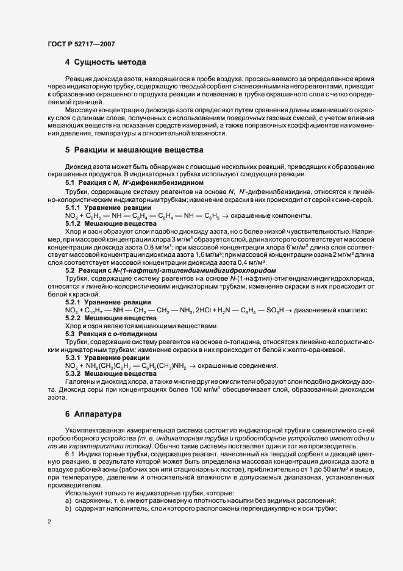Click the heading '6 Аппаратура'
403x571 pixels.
(x=93, y=414)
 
